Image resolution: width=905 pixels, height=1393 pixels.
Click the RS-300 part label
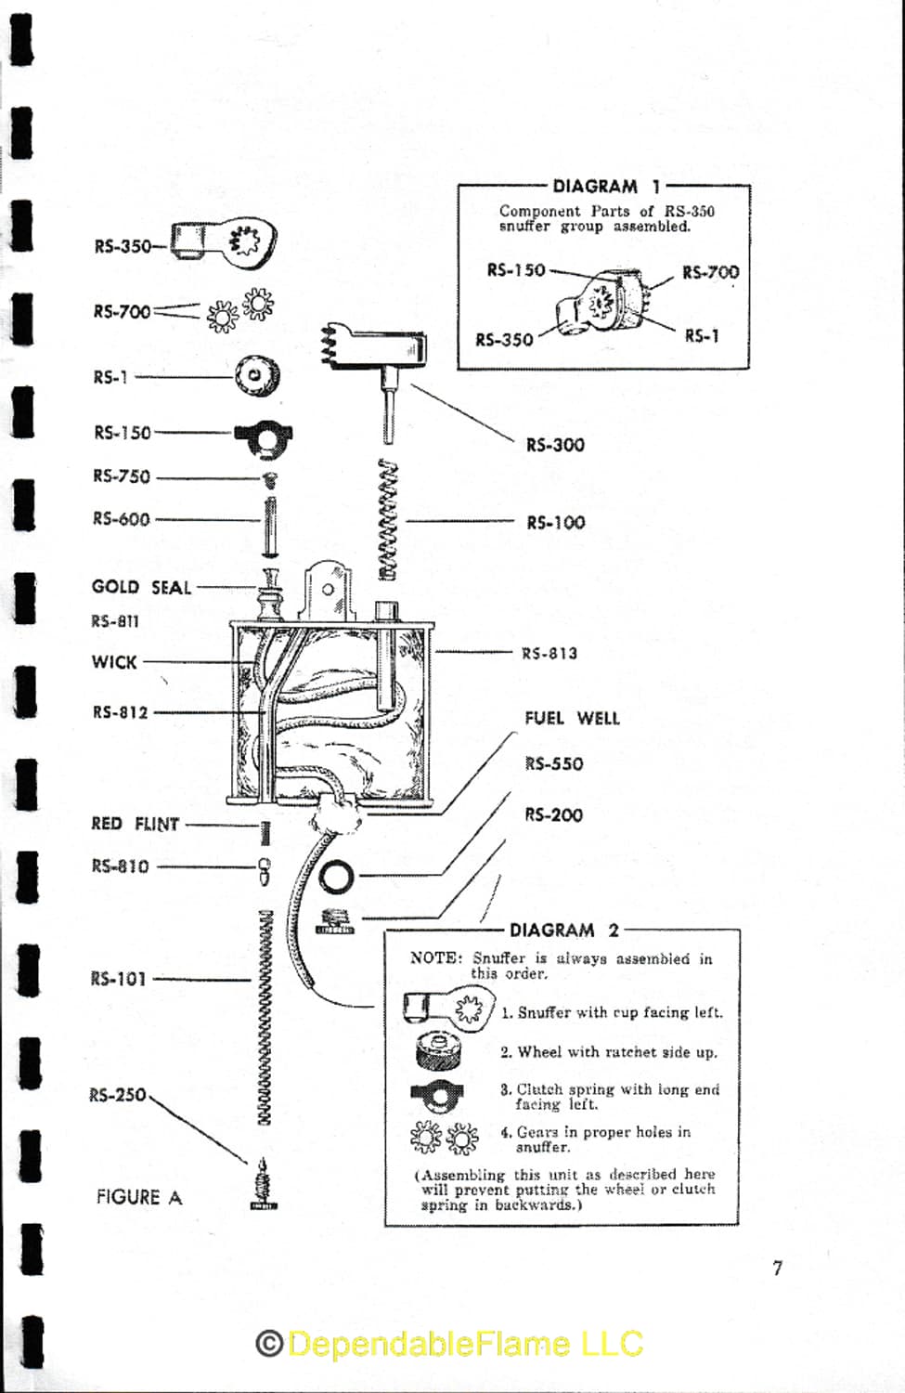(x=555, y=445)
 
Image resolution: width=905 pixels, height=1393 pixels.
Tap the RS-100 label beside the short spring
(x=556, y=522)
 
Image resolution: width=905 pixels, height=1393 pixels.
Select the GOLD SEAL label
(x=141, y=587)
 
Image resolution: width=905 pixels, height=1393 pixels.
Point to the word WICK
(x=114, y=661)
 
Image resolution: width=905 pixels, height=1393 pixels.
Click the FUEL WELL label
(x=572, y=718)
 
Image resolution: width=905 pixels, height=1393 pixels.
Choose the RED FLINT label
(x=135, y=824)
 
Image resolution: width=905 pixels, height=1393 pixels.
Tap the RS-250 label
(x=118, y=1095)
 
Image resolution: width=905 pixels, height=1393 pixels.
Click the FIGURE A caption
(x=139, y=1197)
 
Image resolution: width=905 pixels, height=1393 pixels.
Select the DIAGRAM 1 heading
(x=606, y=186)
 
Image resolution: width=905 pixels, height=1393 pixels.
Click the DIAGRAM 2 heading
(x=563, y=931)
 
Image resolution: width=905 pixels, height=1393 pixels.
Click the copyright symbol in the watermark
(x=269, y=1343)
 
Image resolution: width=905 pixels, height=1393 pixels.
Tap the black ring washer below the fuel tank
(x=337, y=877)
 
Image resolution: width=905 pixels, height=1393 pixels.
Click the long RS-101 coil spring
(x=265, y=1018)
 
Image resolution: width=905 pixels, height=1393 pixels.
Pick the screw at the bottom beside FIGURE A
(x=264, y=1184)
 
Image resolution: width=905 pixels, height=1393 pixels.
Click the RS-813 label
(x=549, y=653)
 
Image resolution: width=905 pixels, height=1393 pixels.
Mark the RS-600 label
(x=122, y=518)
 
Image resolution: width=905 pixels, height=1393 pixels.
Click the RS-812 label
(x=120, y=712)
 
